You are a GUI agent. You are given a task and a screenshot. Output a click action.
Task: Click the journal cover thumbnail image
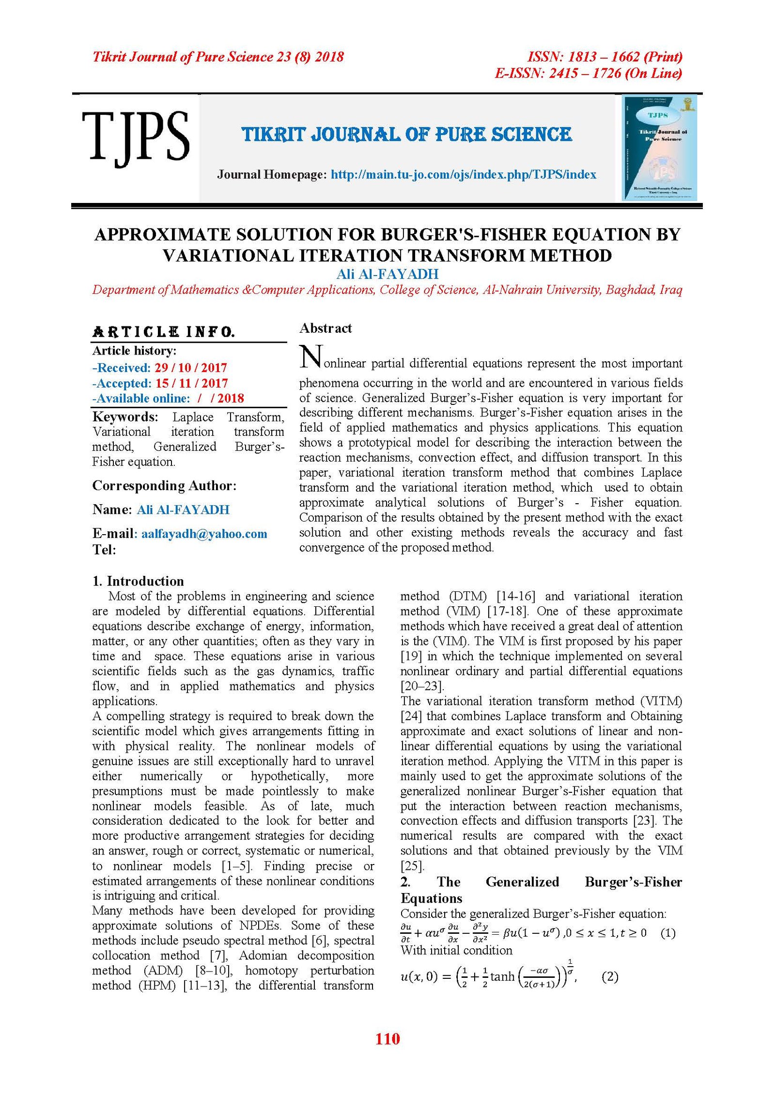659,148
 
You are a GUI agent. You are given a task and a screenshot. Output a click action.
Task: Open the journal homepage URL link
463,175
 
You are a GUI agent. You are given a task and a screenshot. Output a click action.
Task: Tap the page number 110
387,1038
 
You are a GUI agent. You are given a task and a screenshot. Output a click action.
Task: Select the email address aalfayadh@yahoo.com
204,534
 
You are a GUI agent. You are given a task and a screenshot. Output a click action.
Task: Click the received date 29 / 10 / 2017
191,368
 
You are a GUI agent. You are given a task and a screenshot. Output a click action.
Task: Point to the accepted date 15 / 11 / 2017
191,383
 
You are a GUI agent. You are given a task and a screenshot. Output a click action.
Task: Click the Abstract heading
325,328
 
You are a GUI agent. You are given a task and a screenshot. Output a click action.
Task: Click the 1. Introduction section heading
138,581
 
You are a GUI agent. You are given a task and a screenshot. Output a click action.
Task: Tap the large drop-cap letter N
310,357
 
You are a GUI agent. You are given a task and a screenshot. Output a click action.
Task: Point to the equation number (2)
610,976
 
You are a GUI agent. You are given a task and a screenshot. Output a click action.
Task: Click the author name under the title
387,274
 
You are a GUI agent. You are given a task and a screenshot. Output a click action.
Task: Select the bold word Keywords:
125,417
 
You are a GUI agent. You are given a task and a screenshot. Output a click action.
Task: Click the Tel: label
104,550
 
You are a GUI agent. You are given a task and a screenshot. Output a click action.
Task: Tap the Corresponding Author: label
164,486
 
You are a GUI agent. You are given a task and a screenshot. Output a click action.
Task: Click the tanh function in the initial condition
502,976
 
